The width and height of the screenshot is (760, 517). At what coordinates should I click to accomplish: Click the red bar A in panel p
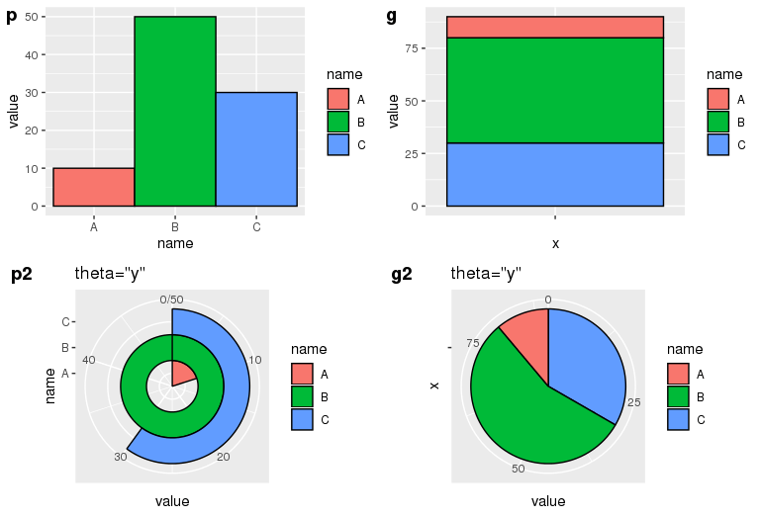[x=93, y=187]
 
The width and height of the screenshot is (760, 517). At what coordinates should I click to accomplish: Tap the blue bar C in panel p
[x=255, y=148]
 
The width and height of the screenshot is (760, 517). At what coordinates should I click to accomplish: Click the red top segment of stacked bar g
[x=554, y=27]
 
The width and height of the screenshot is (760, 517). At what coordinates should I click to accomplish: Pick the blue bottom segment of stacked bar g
[x=554, y=174]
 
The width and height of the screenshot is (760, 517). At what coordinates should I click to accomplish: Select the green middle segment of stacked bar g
[x=554, y=90]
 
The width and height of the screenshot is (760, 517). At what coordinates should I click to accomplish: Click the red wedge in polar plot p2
[x=182, y=374]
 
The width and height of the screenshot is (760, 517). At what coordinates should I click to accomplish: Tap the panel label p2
[x=22, y=275]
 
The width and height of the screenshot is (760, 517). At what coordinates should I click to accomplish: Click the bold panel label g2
[x=402, y=275]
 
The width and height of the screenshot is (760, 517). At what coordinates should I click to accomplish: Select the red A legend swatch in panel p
[x=338, y=100]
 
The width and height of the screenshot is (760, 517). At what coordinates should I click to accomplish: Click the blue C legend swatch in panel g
[x=718, y=144]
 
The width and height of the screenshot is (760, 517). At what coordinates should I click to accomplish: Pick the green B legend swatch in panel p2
[x=303, y=397]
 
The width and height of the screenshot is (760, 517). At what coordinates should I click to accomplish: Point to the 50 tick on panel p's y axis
[x=34, y=17]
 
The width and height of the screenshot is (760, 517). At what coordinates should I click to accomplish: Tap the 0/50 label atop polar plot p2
[x=171, y=300]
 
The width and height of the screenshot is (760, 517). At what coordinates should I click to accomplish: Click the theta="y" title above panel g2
[x=486, y=274]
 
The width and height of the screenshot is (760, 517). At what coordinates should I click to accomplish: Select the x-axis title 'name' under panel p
[x=175, y=243]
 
